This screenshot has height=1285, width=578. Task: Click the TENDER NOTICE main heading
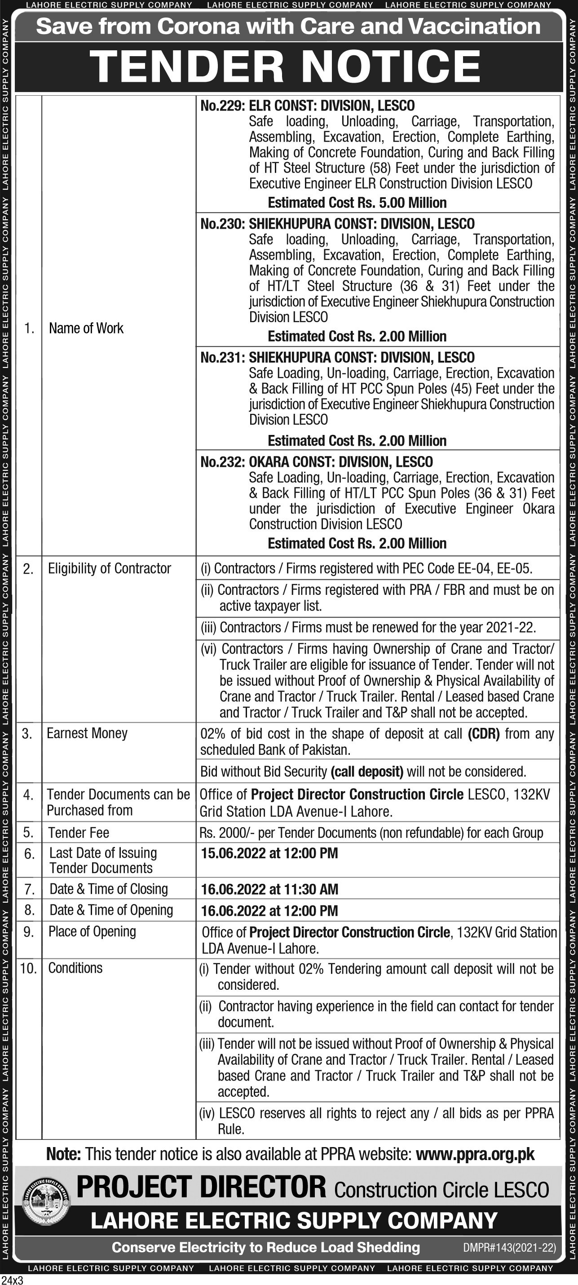285,66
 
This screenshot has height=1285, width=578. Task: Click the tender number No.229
221,106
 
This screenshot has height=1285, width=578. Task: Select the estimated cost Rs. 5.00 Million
357,203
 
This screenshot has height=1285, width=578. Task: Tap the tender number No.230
221,224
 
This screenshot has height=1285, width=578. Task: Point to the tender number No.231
221,358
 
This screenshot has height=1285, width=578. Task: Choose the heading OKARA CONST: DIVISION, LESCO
340,462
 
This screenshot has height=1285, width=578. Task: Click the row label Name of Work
86,328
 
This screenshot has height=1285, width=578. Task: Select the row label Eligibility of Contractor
109,569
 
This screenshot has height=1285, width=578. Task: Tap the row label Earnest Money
87,733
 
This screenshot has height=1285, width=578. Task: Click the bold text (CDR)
483,734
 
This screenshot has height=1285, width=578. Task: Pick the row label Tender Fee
78,833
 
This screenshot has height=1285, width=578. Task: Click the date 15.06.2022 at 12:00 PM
269,853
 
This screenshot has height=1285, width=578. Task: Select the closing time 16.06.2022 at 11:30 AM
269,889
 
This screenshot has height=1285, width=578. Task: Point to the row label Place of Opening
92,931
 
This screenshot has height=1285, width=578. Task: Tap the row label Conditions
75,968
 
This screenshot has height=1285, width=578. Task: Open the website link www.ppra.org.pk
475,1154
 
